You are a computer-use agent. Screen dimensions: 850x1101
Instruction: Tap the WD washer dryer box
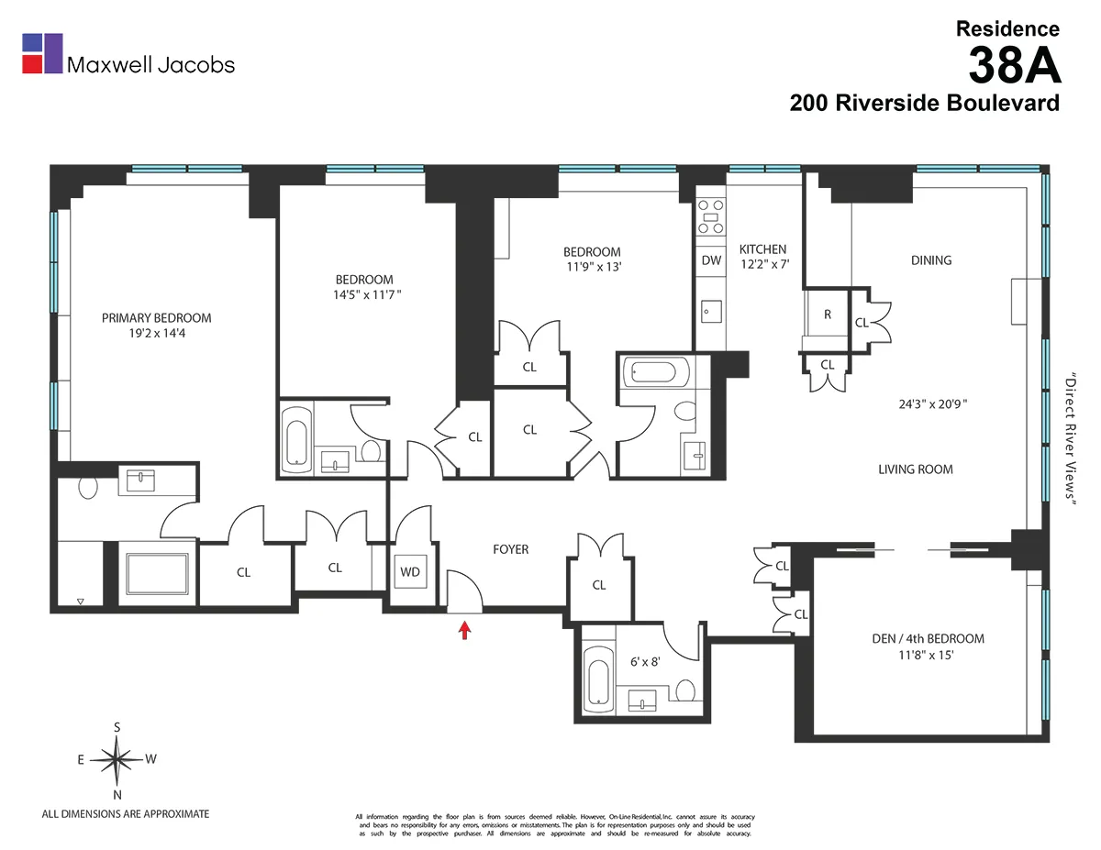point(409,572)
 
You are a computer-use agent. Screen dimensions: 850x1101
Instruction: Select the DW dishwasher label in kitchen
point(710,260)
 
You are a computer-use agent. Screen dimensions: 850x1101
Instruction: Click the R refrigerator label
point(827,315)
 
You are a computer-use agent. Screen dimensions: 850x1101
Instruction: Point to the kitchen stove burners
point(710,217)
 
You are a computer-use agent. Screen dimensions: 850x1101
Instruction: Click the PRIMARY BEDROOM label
point(156,318)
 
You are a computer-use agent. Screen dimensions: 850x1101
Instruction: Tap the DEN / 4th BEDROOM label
point(928,638)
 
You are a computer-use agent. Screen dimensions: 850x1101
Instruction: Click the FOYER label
point(510,549)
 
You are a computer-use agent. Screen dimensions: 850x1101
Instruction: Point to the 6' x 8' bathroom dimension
point(644,658)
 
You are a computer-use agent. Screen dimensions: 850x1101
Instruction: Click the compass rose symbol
point(117,760)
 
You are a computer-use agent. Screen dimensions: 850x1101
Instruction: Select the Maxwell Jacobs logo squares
point(42,53)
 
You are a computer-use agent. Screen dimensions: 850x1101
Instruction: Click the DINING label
point(930,259)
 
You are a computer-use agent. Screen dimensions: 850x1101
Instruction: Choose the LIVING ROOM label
point(915,469)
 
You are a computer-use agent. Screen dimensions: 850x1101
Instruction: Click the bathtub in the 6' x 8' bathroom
point(598,679)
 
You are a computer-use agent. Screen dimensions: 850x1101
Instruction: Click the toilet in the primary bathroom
point(88,488)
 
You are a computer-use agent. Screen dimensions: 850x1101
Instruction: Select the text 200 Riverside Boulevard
point(924,103)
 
